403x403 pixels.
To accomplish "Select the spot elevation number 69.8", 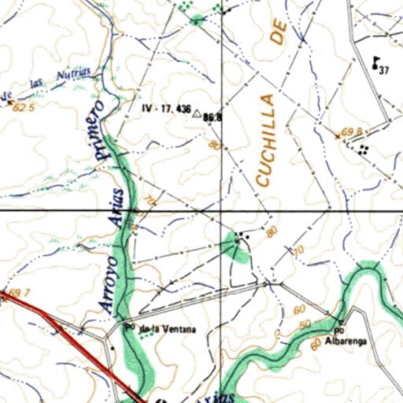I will point(351,132).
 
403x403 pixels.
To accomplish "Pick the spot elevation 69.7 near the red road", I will point(20,293).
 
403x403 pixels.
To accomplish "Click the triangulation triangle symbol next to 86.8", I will point(196,113).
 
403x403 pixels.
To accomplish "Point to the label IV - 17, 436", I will point(166,108).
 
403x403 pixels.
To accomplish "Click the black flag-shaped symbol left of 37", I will point(375,62).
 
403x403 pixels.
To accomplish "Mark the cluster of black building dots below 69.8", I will point(362,148).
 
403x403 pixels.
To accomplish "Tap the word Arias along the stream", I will point(120,209).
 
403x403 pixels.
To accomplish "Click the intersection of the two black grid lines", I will point(221,211).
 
